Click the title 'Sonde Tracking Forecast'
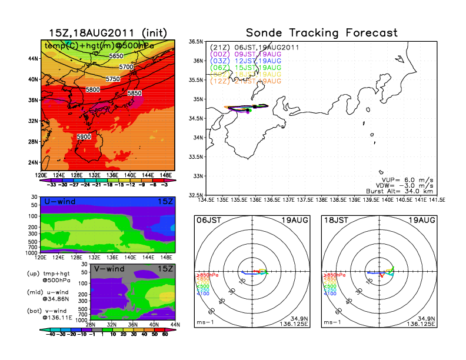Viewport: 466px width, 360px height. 322,32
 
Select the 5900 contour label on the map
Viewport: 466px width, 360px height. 84,136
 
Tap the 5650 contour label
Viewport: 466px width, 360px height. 116,56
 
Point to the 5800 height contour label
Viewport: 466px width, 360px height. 92,90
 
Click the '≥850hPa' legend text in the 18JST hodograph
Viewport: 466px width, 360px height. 334,275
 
